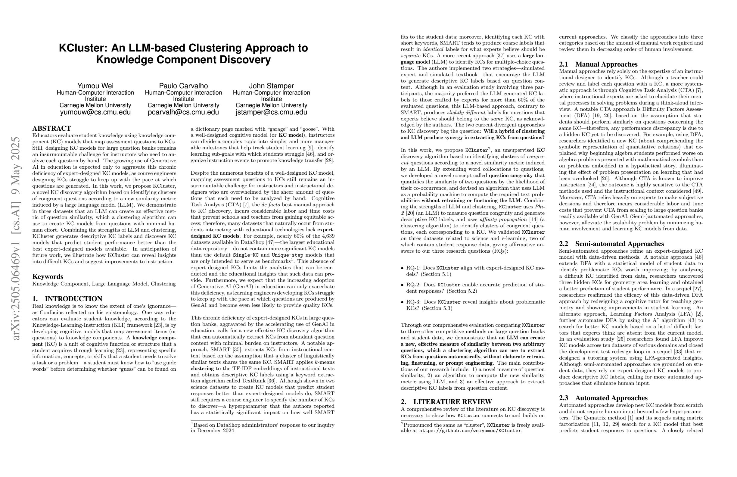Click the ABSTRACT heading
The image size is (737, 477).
click(x=52, y=129)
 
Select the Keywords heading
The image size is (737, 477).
click(x=48, y=277)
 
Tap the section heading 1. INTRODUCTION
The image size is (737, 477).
click(x=67, y=299)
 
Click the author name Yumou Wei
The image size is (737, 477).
click(x=95, y=86)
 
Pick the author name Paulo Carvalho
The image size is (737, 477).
click(x=183, y=86)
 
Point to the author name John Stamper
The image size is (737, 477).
click(x=271, y=86)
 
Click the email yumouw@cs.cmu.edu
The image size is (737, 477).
click(x=95, y=112)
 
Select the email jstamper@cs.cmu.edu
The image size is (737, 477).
click(x=271, y=112)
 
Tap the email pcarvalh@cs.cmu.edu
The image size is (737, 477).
click(x=183, y=112)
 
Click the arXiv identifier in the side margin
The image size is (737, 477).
click(x=16, y=238)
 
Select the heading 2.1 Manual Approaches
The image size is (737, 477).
click(x=598, y=64)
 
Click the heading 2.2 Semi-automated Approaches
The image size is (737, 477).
click(x=611, y=244)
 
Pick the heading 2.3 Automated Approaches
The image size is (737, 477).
click(x=603, y=398)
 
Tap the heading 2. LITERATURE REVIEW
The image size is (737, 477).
click(x=446, y=402)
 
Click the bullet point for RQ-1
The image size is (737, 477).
click(x=403, y=268)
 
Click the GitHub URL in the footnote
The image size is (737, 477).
click(x=470, y=431)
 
